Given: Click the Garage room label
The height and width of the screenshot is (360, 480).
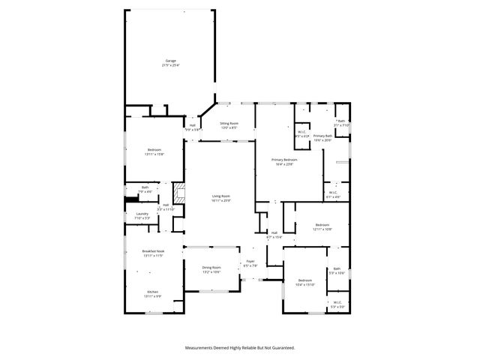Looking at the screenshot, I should (x=171, y=62).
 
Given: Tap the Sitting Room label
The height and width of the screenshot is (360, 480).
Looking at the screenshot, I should (x=229, y=124).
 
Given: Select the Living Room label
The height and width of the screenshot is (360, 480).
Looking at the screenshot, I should (x=220, y=198).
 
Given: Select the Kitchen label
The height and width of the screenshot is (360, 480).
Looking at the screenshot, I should (x=152, y=293).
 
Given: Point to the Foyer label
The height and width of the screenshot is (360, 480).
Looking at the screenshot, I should (x=250, y=263).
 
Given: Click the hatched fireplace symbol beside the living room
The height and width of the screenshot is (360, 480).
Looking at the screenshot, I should (x=178, y=193).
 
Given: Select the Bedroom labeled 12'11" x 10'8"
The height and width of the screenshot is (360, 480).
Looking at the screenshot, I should (x=322, y=226).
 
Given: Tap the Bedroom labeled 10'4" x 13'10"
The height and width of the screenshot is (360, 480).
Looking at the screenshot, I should (x=304, y=282).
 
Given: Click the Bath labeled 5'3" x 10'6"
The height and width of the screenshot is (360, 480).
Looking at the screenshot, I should (x=337, y=270).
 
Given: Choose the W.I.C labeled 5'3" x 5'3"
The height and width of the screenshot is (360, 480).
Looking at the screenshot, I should (x=337, y=304).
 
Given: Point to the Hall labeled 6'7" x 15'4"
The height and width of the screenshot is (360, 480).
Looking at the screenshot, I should (x=274, y=235).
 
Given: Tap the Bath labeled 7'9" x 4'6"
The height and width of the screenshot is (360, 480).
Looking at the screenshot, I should (x=145, y=190).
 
